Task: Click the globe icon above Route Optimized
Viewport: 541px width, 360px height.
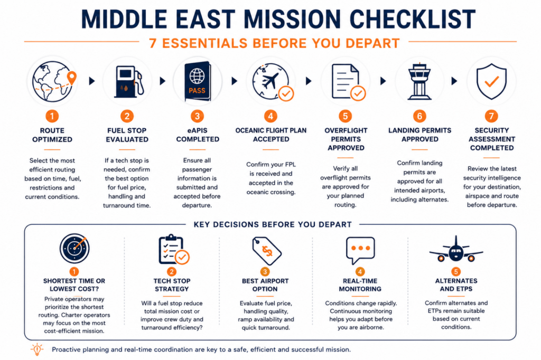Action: coord(53,81)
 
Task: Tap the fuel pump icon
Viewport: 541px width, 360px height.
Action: coord(128,81)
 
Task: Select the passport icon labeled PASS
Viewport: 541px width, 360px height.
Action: coord(198,81)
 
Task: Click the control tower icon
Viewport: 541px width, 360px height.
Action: coord(419,81)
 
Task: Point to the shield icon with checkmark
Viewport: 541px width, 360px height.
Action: coord(491,81)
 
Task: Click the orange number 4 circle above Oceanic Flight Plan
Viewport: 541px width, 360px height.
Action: coord(270,116)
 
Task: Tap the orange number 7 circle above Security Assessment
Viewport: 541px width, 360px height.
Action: coord(491,116)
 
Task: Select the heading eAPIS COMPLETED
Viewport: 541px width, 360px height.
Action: coord(198,135)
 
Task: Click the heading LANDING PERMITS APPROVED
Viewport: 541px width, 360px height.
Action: coord(419,135)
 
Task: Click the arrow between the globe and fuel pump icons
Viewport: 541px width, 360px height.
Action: coord(92,81)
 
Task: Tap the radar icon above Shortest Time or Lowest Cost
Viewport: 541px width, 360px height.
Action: coord(74,248)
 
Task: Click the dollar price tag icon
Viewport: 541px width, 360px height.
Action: coord(266,251)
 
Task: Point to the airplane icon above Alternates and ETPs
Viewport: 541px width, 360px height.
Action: coord(456,250)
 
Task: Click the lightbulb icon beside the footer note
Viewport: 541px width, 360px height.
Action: coord(37,349)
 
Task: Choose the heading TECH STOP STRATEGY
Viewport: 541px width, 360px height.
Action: coord(172,285)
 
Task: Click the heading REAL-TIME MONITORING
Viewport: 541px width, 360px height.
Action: coord(360,285)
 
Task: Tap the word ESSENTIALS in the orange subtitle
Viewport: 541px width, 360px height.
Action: coord(205,43)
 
